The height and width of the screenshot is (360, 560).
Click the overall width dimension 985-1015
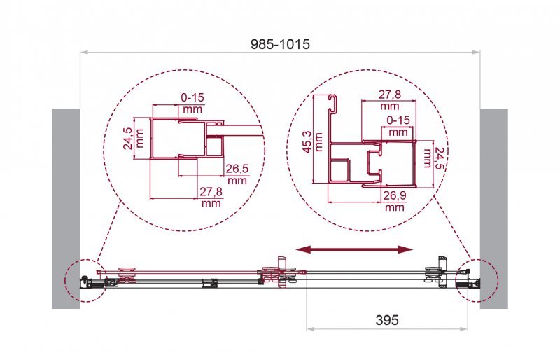pos(280,43)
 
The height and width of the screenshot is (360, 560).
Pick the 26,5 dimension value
pos(237,168)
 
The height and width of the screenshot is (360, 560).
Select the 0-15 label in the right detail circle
pos(398,120)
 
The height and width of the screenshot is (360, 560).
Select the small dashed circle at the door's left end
pos(82,281)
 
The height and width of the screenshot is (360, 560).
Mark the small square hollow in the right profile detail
pos(339,170)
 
